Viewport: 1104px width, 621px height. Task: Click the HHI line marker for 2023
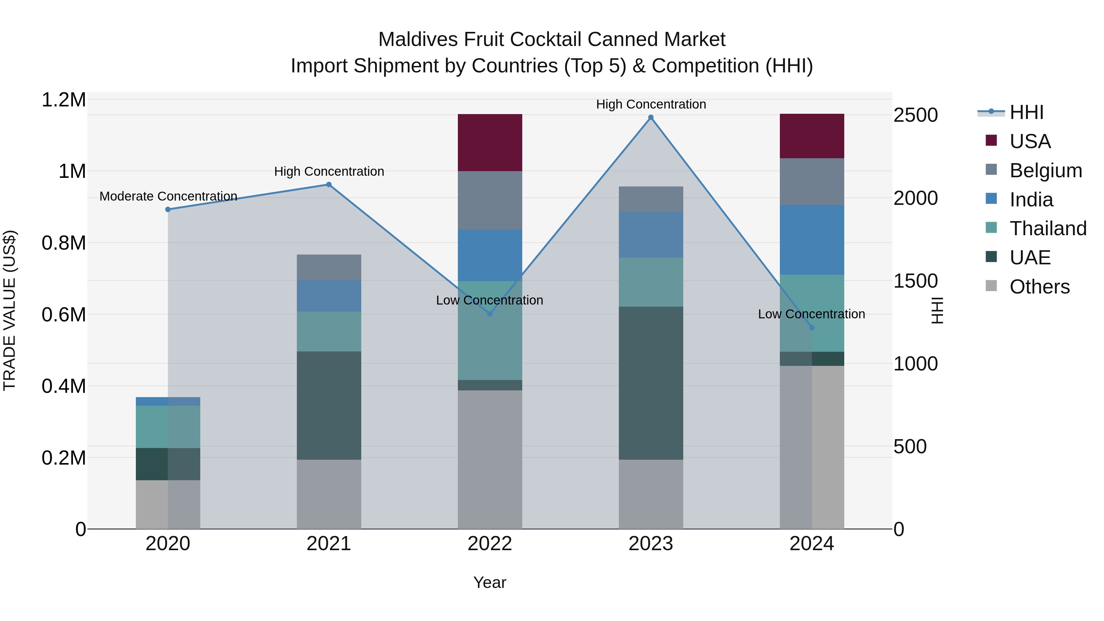click(x=650, y=117)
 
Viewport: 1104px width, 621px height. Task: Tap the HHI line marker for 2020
click(x=168, y=209)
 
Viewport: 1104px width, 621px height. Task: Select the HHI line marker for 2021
click(x=329, y=185)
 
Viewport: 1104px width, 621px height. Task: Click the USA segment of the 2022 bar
click(x=490, y=143)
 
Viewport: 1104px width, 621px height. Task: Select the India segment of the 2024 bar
click(x=812, y=240)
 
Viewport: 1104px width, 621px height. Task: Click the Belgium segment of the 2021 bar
click(x=329, y=267)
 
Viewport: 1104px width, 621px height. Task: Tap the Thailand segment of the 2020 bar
click(x=168, y=427)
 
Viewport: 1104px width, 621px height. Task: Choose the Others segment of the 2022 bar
click(x=490, y=459)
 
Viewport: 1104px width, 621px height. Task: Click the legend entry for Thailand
click(x=1048, y=228)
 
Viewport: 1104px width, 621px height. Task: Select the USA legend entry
click(x=1030, y=141)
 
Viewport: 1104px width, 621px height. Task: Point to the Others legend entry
click(x=1039, y=287)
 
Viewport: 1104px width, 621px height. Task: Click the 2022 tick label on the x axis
click(x=490, y=544)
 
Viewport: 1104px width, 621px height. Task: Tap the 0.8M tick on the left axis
click(x=63, y=243)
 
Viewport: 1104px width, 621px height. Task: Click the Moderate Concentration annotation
click(x=168, y=196)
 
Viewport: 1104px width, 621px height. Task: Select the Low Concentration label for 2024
click(x=811, y=314)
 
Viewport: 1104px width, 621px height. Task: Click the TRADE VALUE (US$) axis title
click(x=10, y=310)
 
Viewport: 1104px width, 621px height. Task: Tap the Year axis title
click(x=489, y=582)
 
